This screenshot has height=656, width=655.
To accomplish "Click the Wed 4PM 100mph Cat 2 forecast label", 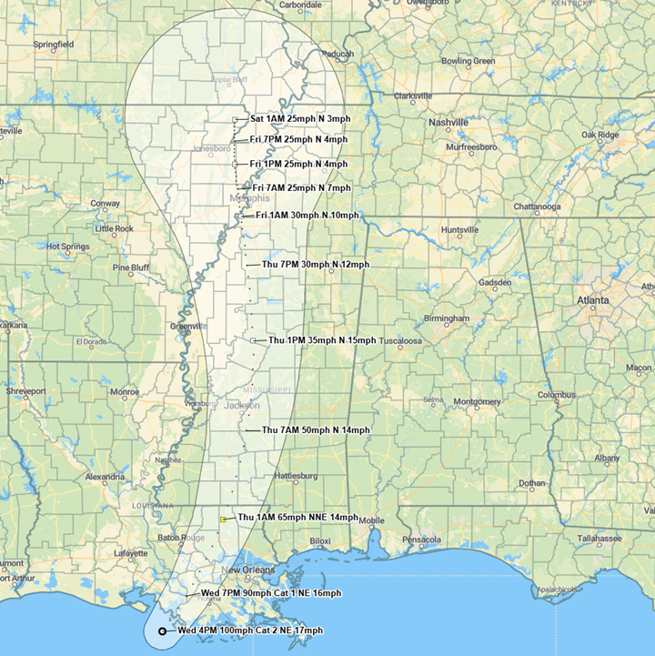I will [x=249, y=631].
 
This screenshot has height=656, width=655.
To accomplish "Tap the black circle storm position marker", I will [x=162, y=631].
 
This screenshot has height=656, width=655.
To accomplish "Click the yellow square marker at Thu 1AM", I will [x=223, y=519].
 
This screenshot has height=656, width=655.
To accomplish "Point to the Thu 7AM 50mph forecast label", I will [x=316, y=429].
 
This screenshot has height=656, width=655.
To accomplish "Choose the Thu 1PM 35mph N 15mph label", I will [x=321, y=340].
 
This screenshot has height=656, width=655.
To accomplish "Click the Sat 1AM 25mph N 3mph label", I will [x=299, y=119].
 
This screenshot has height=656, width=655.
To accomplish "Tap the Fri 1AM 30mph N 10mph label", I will [x=307, y=215].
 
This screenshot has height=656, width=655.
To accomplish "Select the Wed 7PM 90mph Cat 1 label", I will [x=271, y=593].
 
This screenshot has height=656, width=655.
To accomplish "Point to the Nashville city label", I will [x=448, y=122].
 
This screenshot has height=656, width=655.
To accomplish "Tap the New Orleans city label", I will [x=247, y=570].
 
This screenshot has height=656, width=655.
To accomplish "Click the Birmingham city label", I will [x=446, y=319].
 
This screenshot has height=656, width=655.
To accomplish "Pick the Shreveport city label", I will [x=25, y=391].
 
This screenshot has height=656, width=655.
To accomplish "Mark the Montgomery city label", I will [x=477, y=401].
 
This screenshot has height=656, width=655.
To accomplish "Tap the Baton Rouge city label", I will [x=182, y=538].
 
